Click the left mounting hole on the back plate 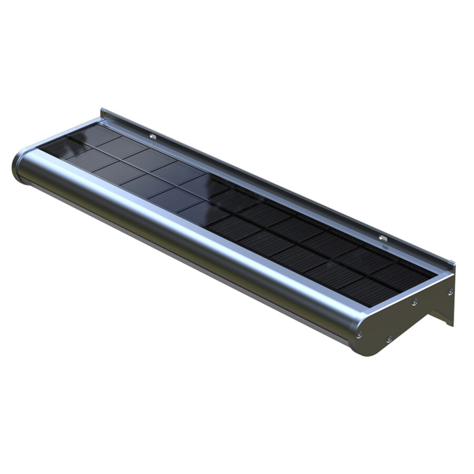153,136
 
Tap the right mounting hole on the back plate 383,239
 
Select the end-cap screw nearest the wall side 450,291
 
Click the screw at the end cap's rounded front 359,334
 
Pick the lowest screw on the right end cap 389,339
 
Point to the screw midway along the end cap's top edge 414,302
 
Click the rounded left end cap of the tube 18,165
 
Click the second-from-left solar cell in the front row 87,160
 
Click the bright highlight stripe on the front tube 184,211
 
